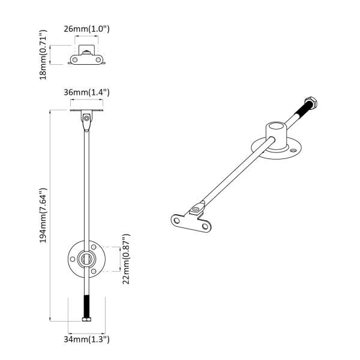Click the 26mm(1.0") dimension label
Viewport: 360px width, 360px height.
pyautogui.click(x=87, y=28)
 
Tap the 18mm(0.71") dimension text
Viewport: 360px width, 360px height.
pyautogui.click(x=44, y=56)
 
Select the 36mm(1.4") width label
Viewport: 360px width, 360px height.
pyautogui.click(x=87, y=92)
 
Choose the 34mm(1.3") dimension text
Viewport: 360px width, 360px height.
pyautogui.click(x=87, y=340)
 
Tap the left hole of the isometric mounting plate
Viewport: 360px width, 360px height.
pyautogui.click(x=177, y=220)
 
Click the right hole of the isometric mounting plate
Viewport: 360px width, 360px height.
pyautogui.click(x=206, y=227)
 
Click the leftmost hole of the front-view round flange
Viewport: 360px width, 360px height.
pyautogui.click(x=73, y=259)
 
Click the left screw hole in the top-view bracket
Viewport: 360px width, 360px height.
pyautogui.click(x=74, y=59)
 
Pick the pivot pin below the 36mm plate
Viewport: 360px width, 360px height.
pyautogui.click(x=88, y=119)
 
